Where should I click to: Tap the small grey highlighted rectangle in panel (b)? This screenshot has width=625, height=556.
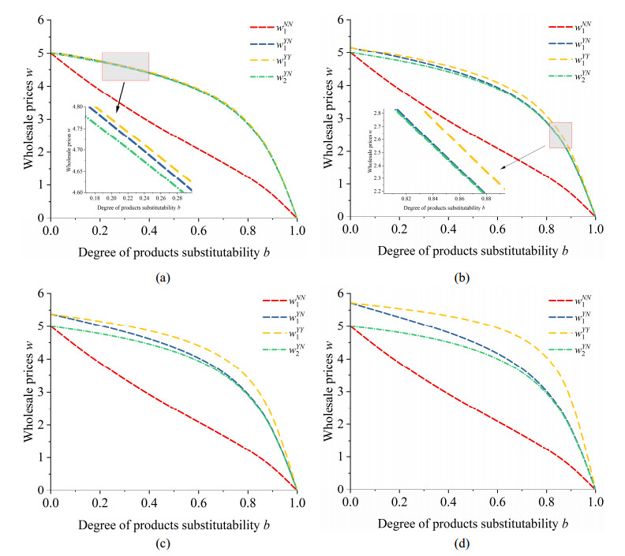tap(560, 135)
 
